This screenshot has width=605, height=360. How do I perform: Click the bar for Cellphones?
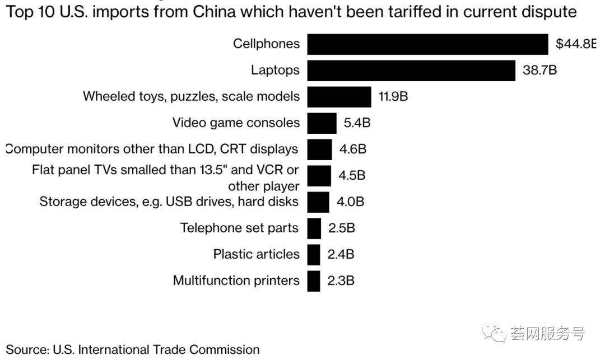click(427, 44)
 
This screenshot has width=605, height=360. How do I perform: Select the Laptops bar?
click(411, 71)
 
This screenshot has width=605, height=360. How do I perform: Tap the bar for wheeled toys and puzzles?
click(338, 96)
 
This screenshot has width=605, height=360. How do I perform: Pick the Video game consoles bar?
click(322, 123)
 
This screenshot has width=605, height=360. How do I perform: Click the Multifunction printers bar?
click(314, 280)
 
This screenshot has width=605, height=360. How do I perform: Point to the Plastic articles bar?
click(314, 254)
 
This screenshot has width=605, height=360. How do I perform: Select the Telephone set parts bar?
click(314, 228)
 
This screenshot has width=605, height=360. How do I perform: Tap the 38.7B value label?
click(540, 71)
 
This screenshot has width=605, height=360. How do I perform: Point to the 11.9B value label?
click(393, 96)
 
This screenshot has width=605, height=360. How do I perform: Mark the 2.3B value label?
click(341, 280)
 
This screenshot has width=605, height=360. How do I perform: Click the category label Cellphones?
click(266, 44)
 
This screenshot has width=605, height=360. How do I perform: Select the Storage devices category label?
click(169, 202)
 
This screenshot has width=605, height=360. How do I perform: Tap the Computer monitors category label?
click(152, 149)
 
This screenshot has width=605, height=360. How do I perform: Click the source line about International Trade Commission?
click(133, 350)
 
